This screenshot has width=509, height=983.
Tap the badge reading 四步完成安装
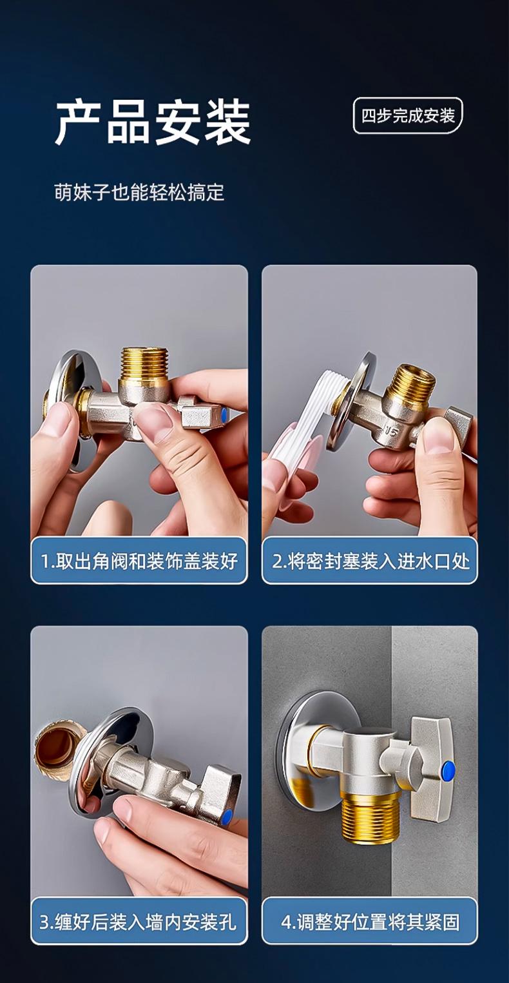point(408,116)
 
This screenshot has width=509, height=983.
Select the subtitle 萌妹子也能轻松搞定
point(139,193)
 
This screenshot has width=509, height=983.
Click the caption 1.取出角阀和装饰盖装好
point(139,561)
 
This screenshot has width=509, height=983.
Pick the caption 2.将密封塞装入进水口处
point(370,561)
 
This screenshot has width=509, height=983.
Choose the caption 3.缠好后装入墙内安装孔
point(139,922)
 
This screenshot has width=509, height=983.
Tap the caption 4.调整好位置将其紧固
point(370,922)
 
